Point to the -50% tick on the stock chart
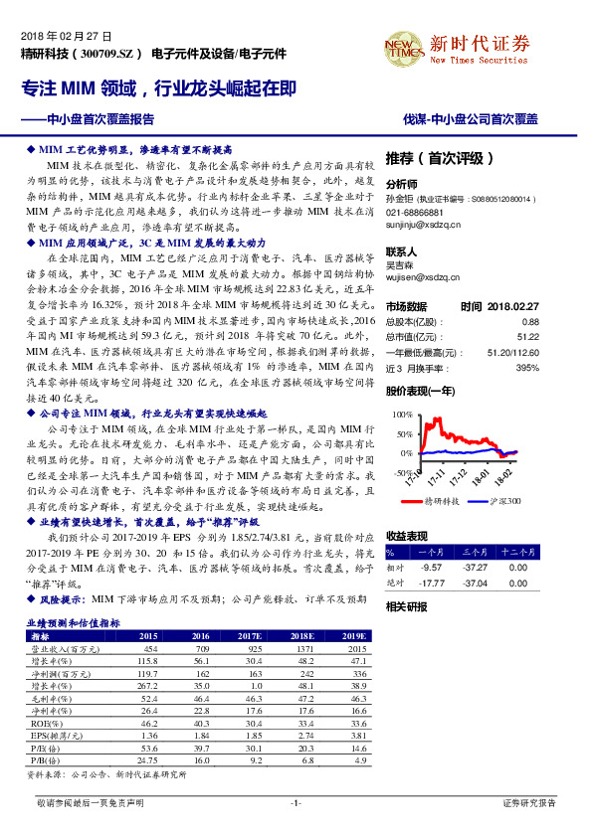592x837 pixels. (399, 473)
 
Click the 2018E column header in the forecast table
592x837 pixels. (301, 635)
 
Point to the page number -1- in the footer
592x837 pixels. (296, 801)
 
